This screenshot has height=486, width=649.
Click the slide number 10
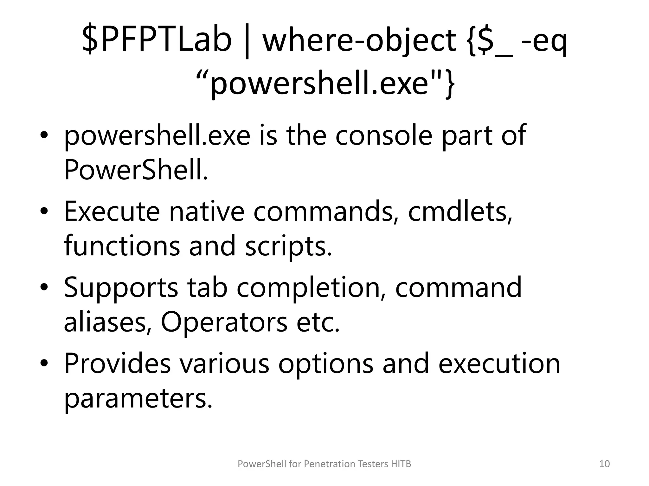604,464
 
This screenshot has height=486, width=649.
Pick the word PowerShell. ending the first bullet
136,170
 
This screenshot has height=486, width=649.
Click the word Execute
112,211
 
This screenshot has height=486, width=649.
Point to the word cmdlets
459,211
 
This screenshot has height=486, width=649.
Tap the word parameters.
138,399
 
